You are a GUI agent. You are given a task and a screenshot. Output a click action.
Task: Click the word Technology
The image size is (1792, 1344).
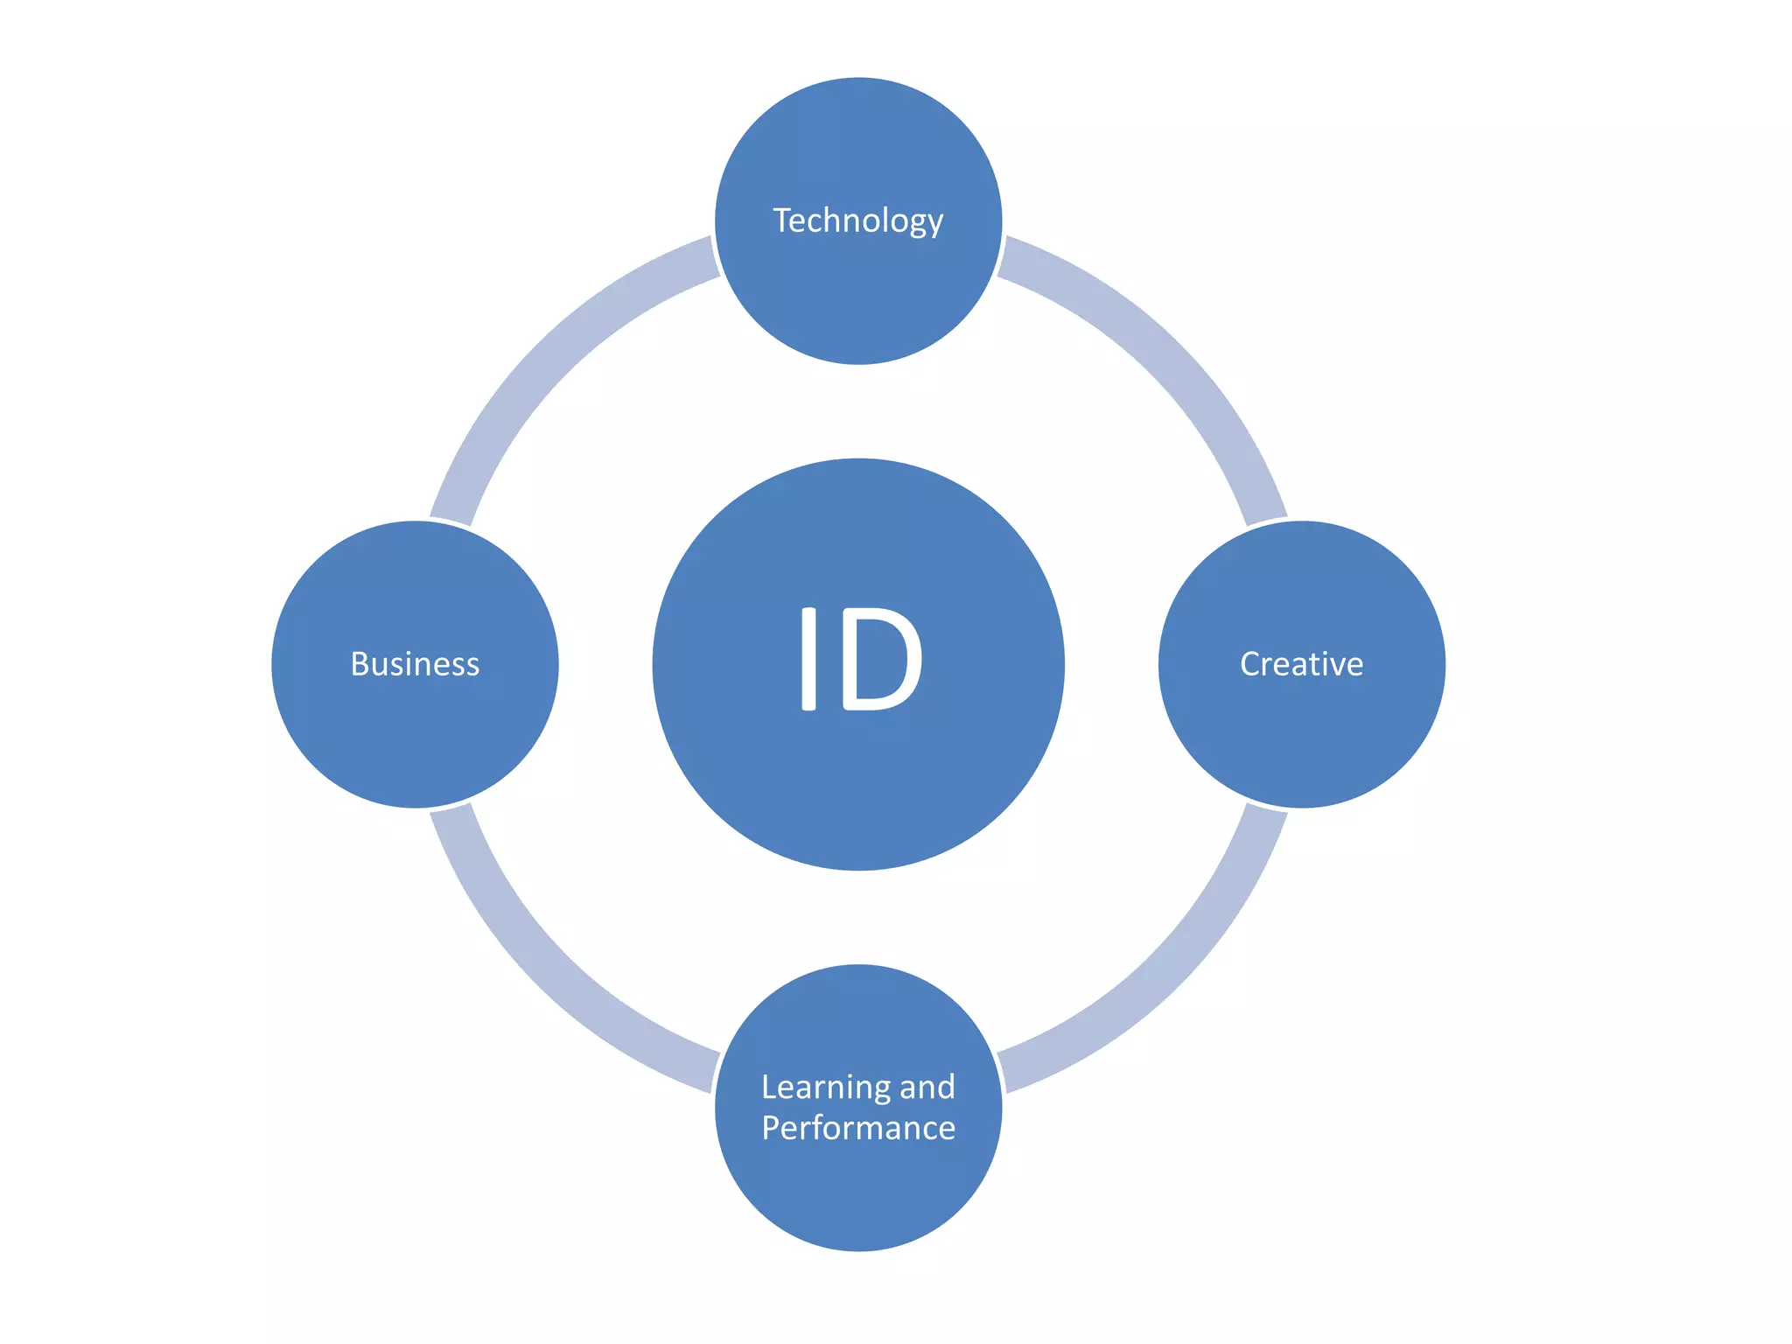click(857, 220)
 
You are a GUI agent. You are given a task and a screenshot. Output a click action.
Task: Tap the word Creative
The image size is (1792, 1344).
click(1301, 664)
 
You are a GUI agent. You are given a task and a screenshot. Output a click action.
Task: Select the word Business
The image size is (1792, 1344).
click(415, 664)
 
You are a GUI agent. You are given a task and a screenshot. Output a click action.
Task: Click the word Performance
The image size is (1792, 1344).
click(857, 1128)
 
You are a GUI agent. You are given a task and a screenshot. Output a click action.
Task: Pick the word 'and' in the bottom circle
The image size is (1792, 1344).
click(927, 1088)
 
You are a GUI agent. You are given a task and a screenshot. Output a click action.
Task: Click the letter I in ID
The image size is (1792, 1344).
click(808, 658)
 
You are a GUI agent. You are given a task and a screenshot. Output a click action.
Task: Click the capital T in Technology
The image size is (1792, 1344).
click(782, 220)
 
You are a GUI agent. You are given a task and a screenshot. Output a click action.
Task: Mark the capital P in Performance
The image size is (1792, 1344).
click(772, 1128)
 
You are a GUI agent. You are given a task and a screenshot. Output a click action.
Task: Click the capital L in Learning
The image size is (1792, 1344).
click(769, 1088)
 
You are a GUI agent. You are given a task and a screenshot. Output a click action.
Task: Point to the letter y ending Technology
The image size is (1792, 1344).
click(935, 224)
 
